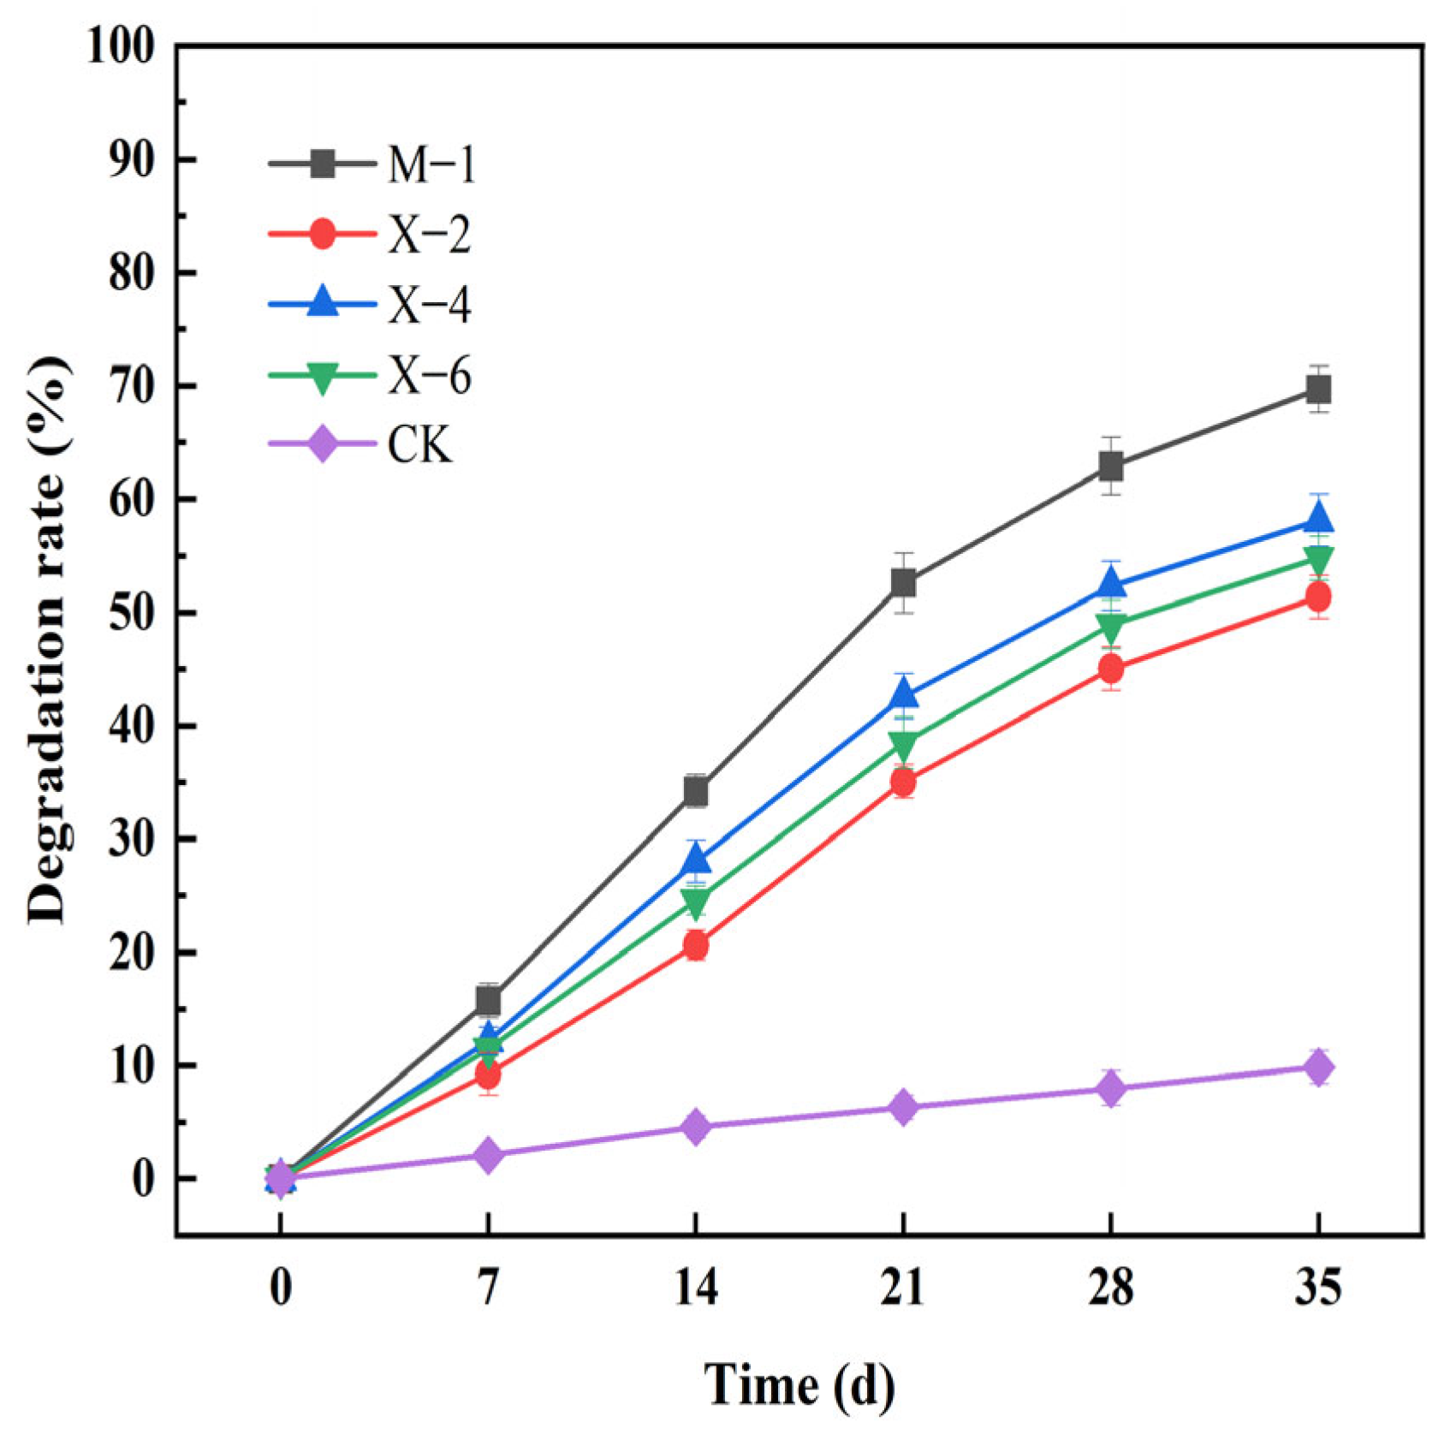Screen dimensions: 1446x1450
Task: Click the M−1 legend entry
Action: (431, 164)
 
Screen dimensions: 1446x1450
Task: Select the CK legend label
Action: (419, 446)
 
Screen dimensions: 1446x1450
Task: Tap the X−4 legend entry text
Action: (429, 305)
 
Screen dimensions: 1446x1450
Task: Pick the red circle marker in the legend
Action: (323, 234)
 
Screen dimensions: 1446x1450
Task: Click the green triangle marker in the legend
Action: (323, 377)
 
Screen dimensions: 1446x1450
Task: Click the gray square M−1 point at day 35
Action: (1318, 390)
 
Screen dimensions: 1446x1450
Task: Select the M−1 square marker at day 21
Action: (903, 583)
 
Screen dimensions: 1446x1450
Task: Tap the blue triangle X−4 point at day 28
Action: (1111, 584)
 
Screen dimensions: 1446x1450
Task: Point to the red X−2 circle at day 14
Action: (696, 945)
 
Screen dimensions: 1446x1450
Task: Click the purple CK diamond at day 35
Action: (1318, 1068)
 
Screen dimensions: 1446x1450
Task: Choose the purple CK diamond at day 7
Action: (488, 1155)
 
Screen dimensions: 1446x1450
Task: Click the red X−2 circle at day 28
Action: (1111, 668)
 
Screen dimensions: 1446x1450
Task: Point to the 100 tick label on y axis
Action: (121, 47)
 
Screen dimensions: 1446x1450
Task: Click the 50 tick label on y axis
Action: (133, 613)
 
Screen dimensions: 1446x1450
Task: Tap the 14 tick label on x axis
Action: (696, 1287)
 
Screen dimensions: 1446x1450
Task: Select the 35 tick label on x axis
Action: (1318, 1287)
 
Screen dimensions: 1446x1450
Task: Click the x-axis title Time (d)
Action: (799, 1384)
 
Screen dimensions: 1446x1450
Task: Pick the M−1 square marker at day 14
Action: (696, 792)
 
